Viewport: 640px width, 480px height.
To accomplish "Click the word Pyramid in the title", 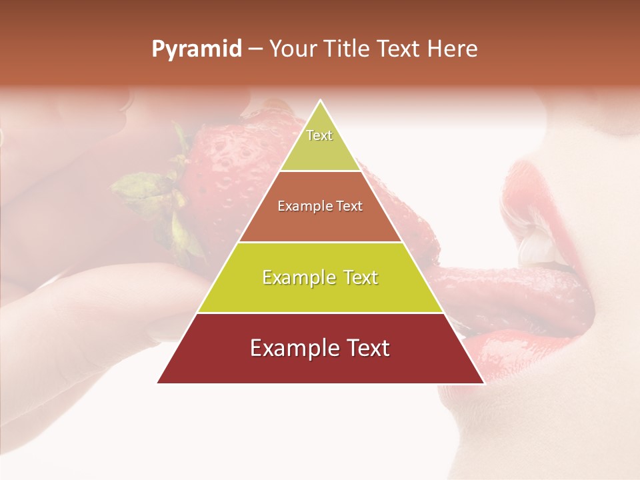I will tap(197, 49).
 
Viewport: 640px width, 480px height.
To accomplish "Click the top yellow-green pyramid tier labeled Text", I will tap(320, 143).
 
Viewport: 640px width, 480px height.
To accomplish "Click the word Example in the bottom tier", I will tap(291, 349).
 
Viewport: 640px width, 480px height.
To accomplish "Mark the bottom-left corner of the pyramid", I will tap(158, 383).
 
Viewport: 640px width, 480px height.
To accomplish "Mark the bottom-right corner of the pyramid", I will tap(484, 383).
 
